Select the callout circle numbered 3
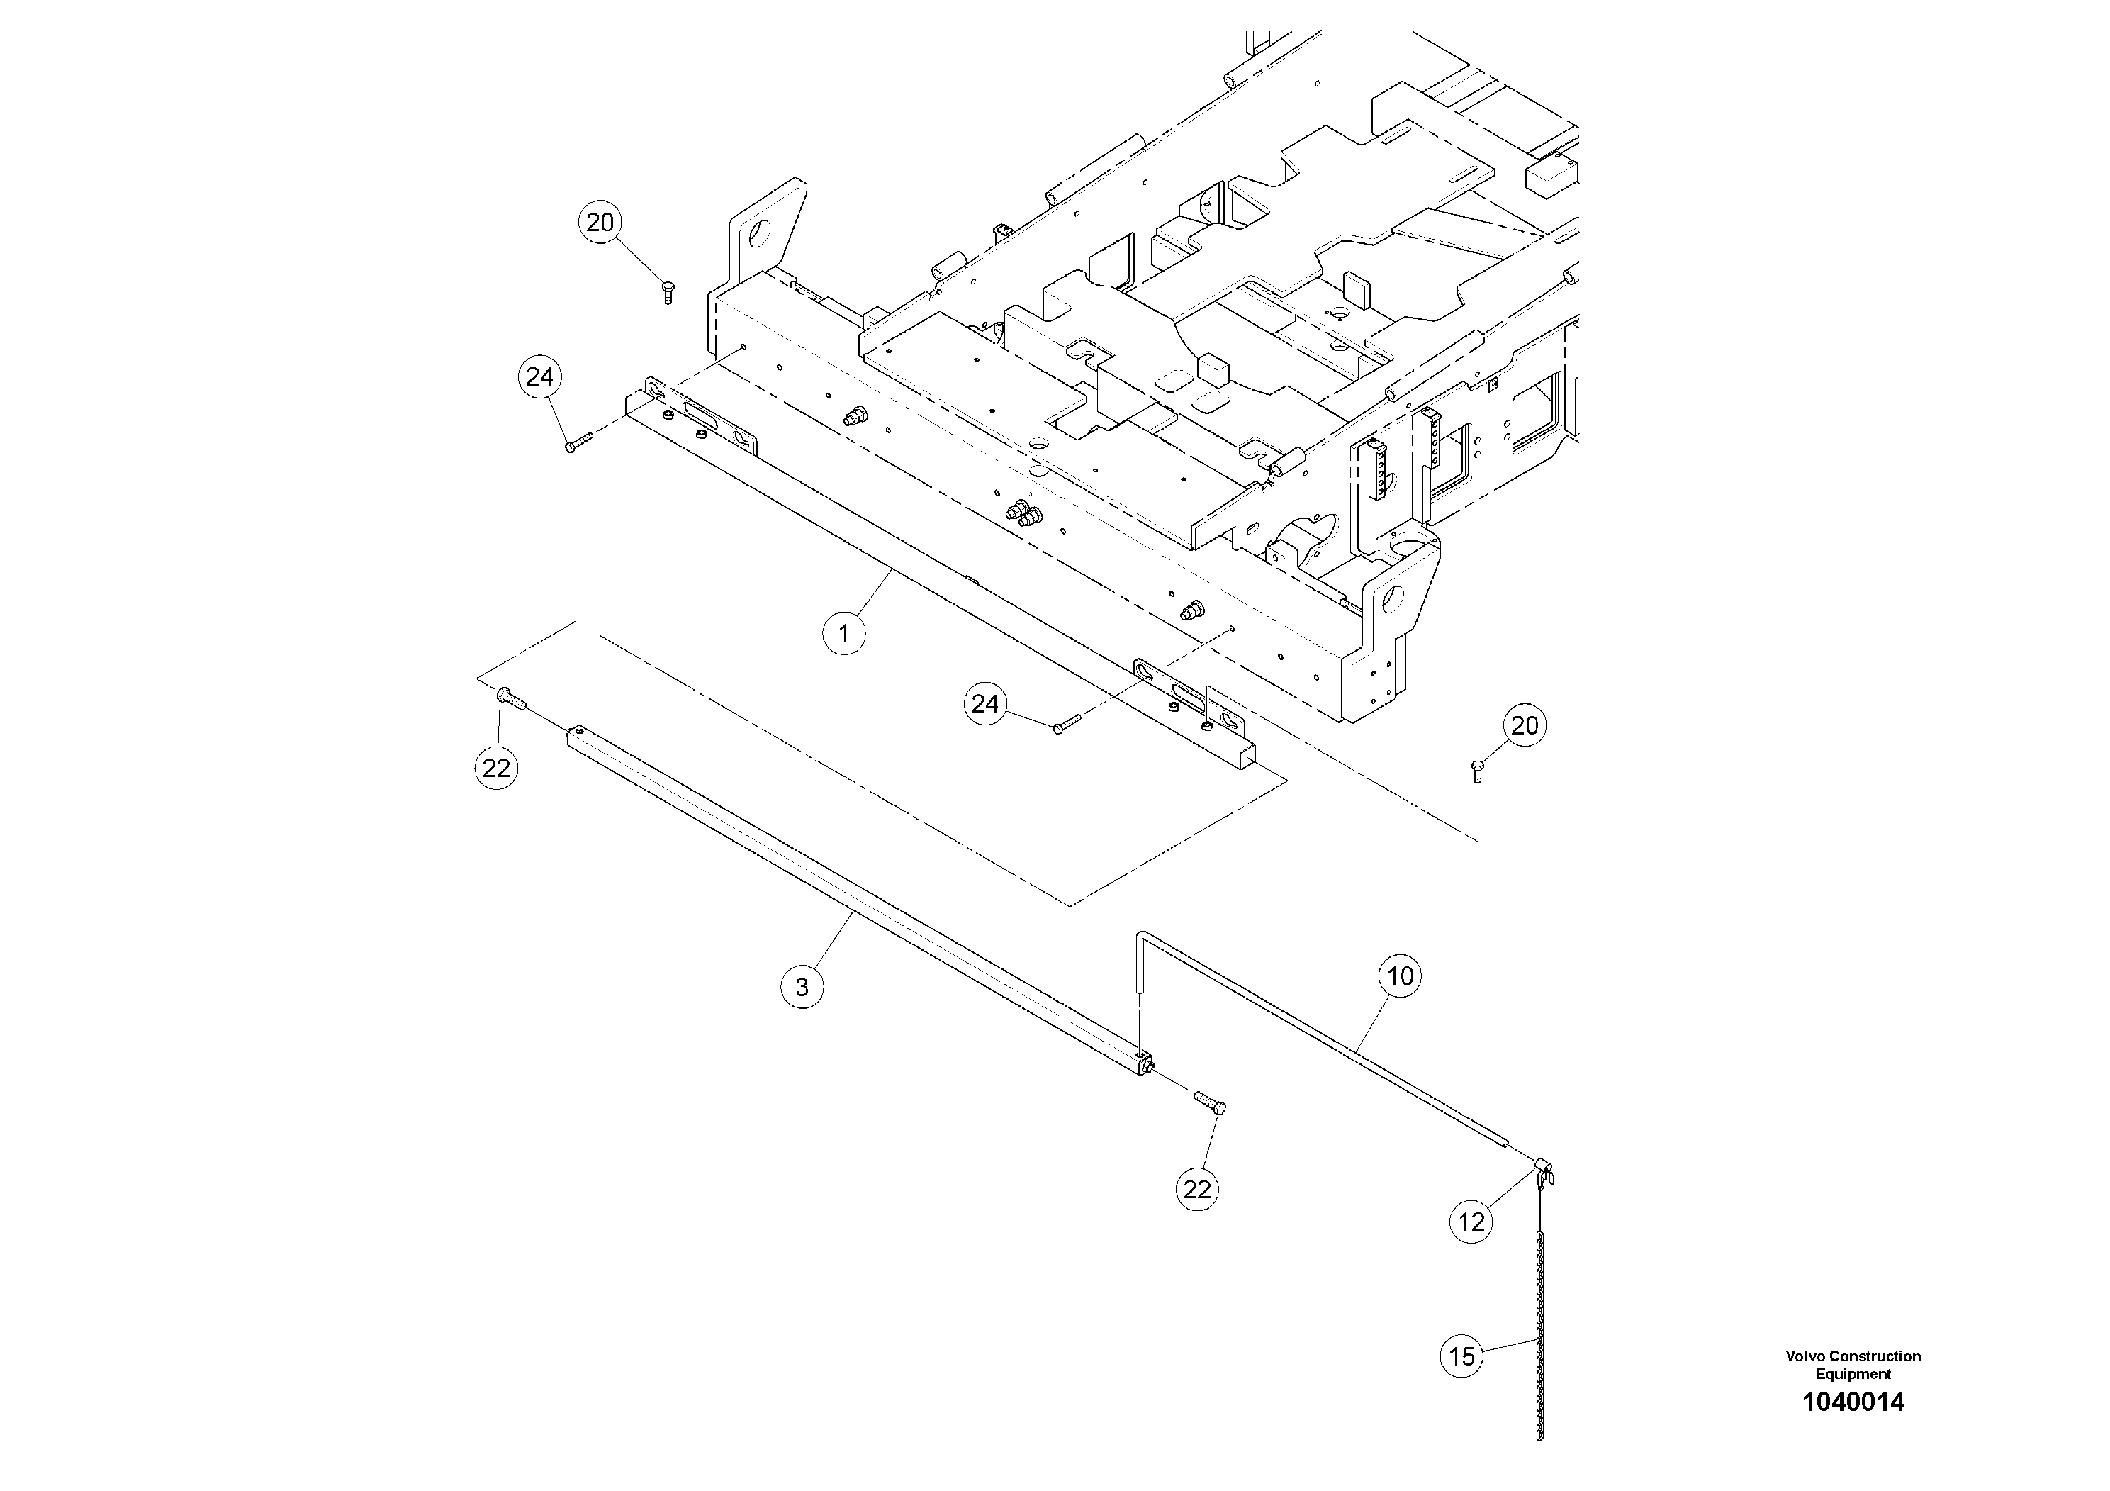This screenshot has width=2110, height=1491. click(802, 987)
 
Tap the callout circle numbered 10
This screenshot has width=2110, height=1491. click(1400, 976)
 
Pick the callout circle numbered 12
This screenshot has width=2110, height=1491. click(1471, 1222)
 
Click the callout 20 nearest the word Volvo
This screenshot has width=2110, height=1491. click(1525, 726)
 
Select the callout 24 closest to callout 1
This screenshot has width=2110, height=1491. click(984, 704)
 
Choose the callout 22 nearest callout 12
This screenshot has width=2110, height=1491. click(1196, 1190)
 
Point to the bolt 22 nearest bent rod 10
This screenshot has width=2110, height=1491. click(1208, 1102)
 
